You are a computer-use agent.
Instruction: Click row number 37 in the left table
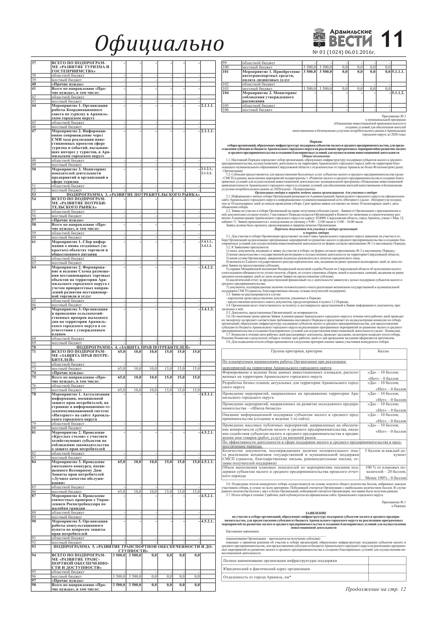tap(34, 63)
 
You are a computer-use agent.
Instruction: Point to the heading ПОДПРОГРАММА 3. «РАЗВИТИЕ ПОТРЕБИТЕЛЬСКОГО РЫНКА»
tap(133, 194)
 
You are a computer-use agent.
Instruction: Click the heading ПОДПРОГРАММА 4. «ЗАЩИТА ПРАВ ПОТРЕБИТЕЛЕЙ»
tap(133, 347)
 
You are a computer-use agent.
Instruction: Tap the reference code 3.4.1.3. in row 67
tap(207, 309)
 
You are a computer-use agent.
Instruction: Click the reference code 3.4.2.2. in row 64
tap(207, 267)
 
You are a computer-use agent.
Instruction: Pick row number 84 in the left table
tap(34, 462)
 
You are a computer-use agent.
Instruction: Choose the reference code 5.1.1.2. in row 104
tap(398, 93)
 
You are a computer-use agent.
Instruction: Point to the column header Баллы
tap(383, 351)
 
